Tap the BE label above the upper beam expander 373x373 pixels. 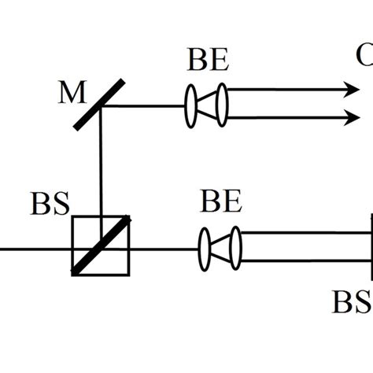click(x=208, y=60)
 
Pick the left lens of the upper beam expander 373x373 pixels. click(x=191, y=105)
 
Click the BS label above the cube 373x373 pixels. click(x=50, y=203)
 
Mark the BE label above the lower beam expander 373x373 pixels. click(x=220, y=203)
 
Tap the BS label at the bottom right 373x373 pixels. click(x=352, y=302)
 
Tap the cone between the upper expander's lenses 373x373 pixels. click(x=206, y=105)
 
